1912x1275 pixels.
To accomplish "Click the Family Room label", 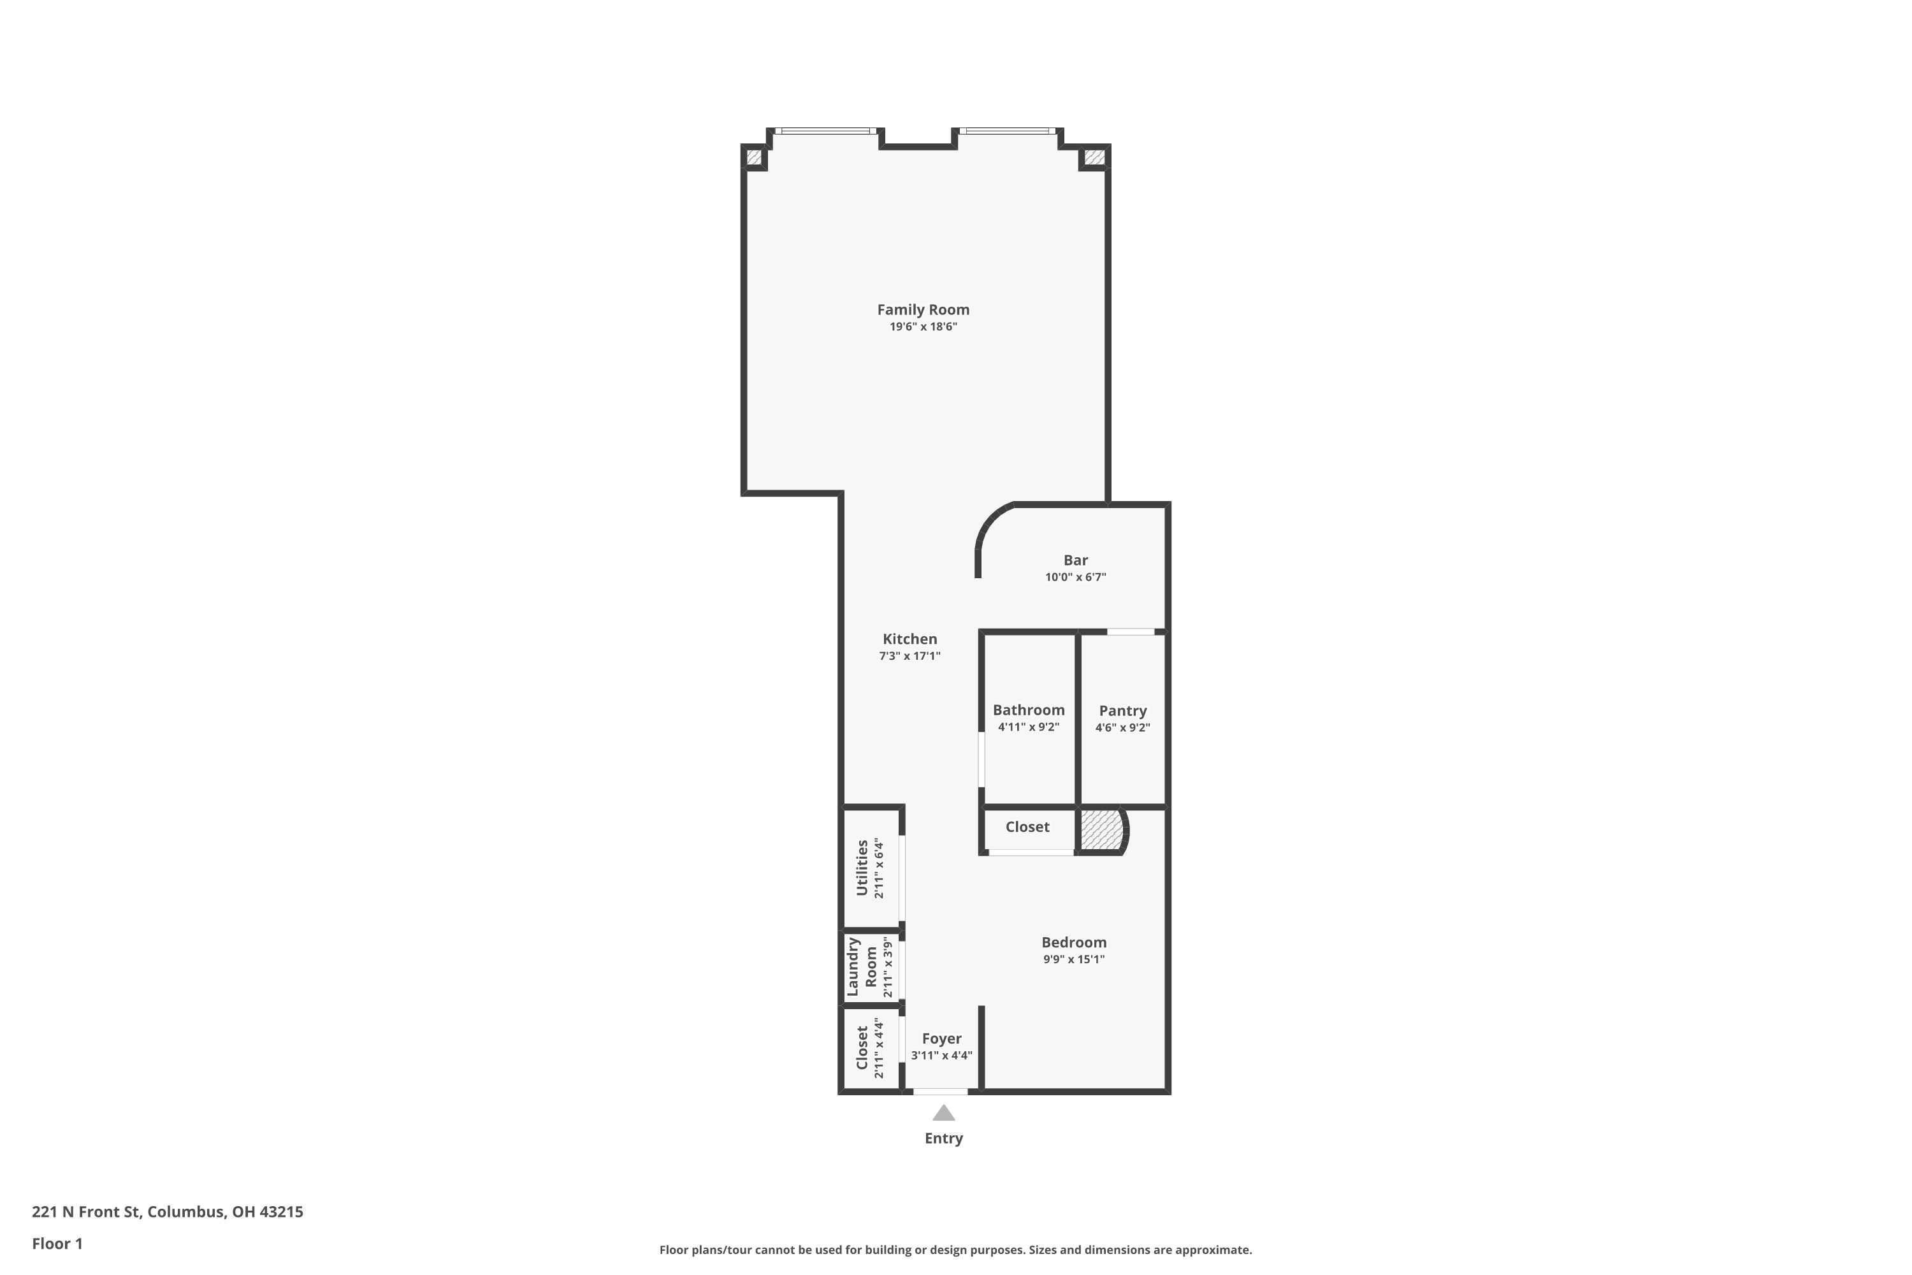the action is coord(923,310).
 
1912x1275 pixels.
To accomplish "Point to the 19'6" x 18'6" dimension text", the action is coord(923,327).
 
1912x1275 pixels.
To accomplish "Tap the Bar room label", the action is coord(1076,560).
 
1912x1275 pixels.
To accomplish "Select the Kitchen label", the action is coord(909,639).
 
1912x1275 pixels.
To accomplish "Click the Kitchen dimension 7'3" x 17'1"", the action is coord(909,656).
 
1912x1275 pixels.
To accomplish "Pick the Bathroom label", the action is coord(1029,710).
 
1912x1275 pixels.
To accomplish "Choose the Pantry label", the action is coord(1122,711).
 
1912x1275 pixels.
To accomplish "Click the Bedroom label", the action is coord(1074,942).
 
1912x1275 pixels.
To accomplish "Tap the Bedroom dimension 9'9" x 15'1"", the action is coord(1074,959).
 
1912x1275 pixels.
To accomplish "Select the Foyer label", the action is coord(941,1039).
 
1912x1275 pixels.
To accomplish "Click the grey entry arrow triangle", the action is coord(943,1114).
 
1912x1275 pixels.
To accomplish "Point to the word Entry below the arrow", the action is coord(944,1139).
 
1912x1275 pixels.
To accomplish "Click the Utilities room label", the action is coord(862,868).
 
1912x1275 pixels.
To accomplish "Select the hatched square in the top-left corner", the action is coord(753,157).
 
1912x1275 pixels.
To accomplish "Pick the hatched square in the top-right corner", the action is coord(1094,157).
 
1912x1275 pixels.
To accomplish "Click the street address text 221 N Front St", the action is coord(87,1213).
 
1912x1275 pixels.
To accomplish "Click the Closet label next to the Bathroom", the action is coord(1027,827).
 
